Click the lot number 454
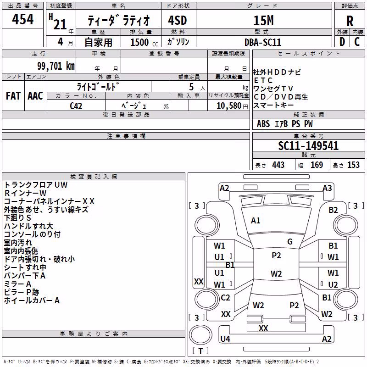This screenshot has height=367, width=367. pyautogui.click(x=22, y=19)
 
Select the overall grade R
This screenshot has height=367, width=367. pyautogui.click(x=350, y=21)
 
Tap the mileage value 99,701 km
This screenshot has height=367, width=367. pyautogui.click(x=56, y=66)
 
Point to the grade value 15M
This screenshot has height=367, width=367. pyautogui.click(x=263, y=21)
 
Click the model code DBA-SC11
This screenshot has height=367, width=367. pyautogui.click(x=262, y=42)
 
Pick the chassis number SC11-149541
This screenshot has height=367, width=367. pyautogui.click(x=308, y=146)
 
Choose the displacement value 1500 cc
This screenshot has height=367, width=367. pyautogui.click(x=144, y=42)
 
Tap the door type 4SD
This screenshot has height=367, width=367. pyautogui.click(x=178, y=21)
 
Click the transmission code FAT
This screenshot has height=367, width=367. pyautogui.click(x=13, y=96)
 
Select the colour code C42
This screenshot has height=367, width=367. pyautogui.click(x=76, y=106)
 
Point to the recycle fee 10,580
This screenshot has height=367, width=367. pyautogui.click(x=229, y=106)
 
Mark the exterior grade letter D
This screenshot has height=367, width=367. pyautogui.click(x=342, y=42)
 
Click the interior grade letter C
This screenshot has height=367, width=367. pyautogui.click(x=357, y=42)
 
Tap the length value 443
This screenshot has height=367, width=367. pyautogui.click(x=278, y=165)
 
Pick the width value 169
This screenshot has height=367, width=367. pyautogui.click(x=317, y=165)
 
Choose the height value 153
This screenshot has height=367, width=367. pyautogui.click(x=353, y=165)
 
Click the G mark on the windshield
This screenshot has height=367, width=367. pyautogui.click(x=290, y=242)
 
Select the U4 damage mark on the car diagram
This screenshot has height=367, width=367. pyautogui.click(x=225, y=339)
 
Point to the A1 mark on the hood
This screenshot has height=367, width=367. pyautogui.click(x=256, y=221)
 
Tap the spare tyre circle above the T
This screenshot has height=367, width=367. pyautogui.click(x=200, y=335)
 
